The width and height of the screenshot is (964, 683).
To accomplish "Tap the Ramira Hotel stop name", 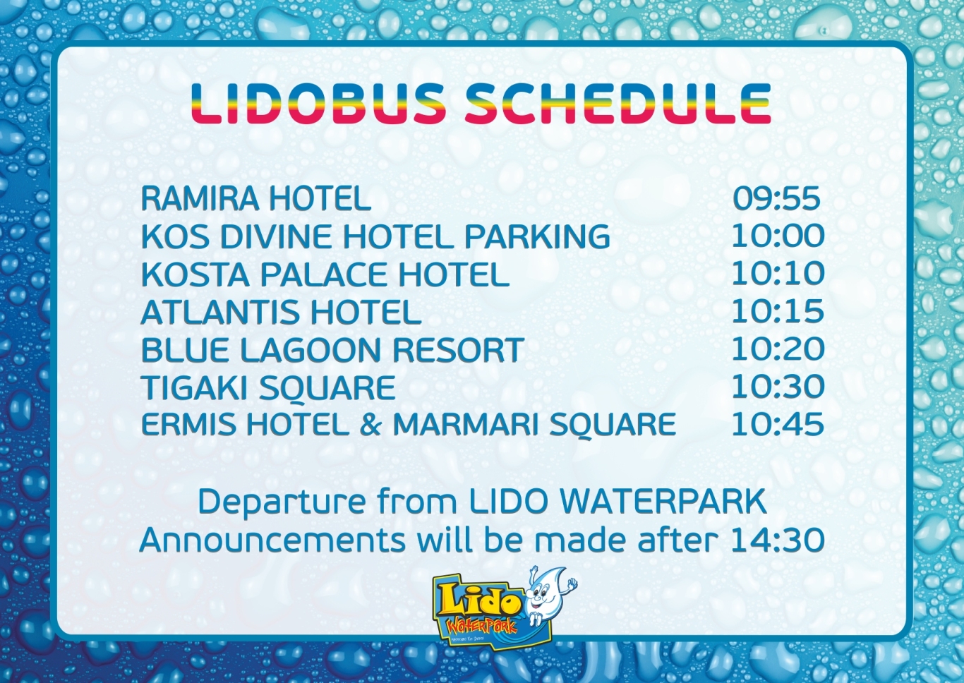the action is [256, 199].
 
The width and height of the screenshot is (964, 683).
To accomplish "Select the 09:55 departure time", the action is [777, 199].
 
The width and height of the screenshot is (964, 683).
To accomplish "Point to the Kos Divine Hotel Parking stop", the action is [375, 236].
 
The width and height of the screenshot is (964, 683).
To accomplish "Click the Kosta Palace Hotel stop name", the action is [325, 274].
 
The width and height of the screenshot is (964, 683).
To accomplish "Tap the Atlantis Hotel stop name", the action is [281, 312].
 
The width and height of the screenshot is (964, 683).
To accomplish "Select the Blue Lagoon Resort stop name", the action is [332, 349].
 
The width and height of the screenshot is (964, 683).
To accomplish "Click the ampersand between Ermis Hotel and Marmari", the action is [370, 424].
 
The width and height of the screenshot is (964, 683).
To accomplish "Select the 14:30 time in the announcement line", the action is [778, 540].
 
